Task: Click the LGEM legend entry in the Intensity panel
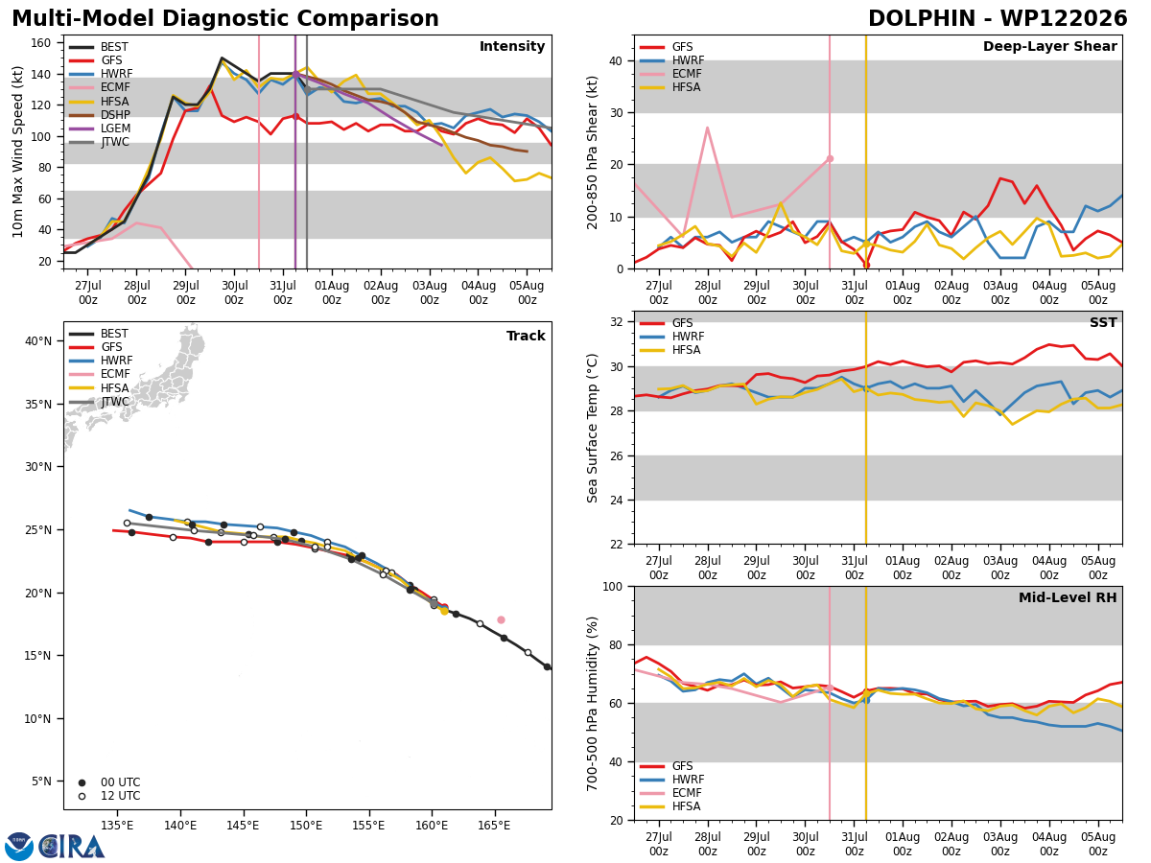[100, 128]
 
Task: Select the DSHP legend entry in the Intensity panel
[100, 115]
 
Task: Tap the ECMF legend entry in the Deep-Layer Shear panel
[670, 74]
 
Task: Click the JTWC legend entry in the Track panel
[99, 402]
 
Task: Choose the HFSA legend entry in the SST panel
[670, 349]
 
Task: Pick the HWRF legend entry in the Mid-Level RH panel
[671, 780]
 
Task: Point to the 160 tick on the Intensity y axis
[40, 43]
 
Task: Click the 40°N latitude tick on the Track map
[38, 341]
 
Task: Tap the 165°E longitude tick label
[494, 826]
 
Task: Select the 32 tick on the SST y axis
[617, 322]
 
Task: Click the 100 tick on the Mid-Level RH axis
[613, 586]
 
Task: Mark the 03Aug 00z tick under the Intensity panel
[430, 292]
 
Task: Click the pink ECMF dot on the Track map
[501, 619]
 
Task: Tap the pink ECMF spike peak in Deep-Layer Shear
[707, 128]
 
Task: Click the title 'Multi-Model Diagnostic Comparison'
[225, 19]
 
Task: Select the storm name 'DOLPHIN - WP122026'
[998, 18]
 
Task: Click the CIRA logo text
[71, 847]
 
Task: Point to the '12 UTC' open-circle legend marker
[82, 796]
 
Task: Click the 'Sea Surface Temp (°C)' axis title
[592, 428]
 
